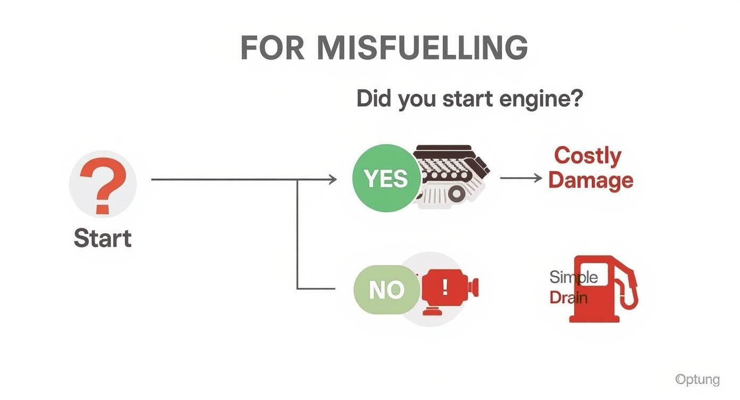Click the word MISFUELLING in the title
[422, 48]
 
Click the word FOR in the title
[272, 48]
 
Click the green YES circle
[386, 179]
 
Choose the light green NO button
[386, 290]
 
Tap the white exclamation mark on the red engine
[444, 287]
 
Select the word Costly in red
[587, 156]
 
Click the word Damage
[591, 180]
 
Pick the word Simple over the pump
[573, 277]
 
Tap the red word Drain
[568, 297]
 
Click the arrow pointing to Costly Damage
[521, 178]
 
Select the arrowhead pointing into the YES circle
[332, 180]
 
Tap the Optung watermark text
[697, 379]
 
